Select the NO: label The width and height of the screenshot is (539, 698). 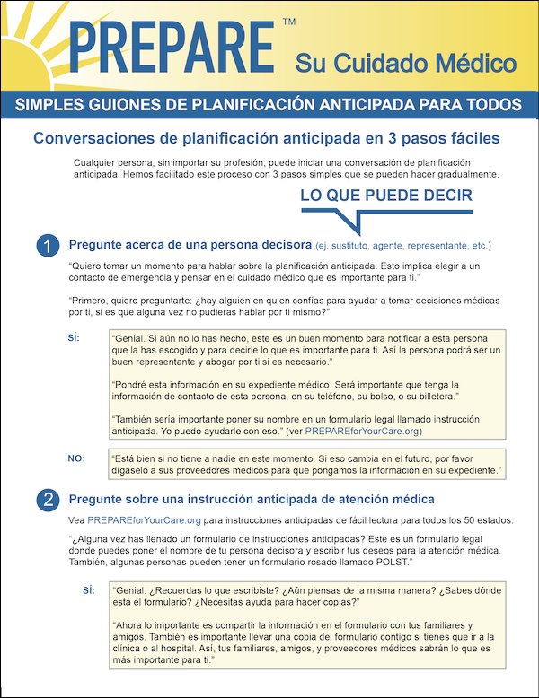click(x=76, y=458)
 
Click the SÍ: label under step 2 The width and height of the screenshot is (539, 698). click(x=88, y=590)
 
